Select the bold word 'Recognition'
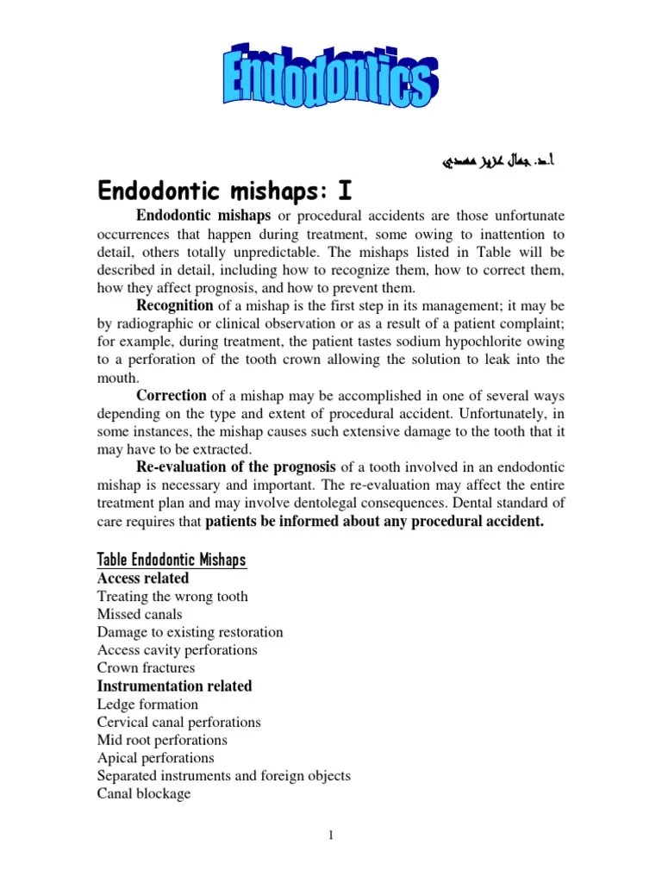(174, 305)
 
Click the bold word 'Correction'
(172, 396)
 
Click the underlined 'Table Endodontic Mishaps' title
(172, 560)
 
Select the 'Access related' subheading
(142, 579)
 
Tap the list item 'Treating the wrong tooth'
(172, 597)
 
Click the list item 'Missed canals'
(140, 615)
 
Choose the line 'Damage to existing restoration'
(190, 633)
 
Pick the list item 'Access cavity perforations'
(177, 650)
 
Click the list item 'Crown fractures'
(146, 668)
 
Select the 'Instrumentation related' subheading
(174, 686)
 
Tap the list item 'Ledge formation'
(147, 705)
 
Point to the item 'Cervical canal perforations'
(178, 723)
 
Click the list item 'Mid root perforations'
(162, 741)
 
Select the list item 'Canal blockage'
(144, 794)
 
